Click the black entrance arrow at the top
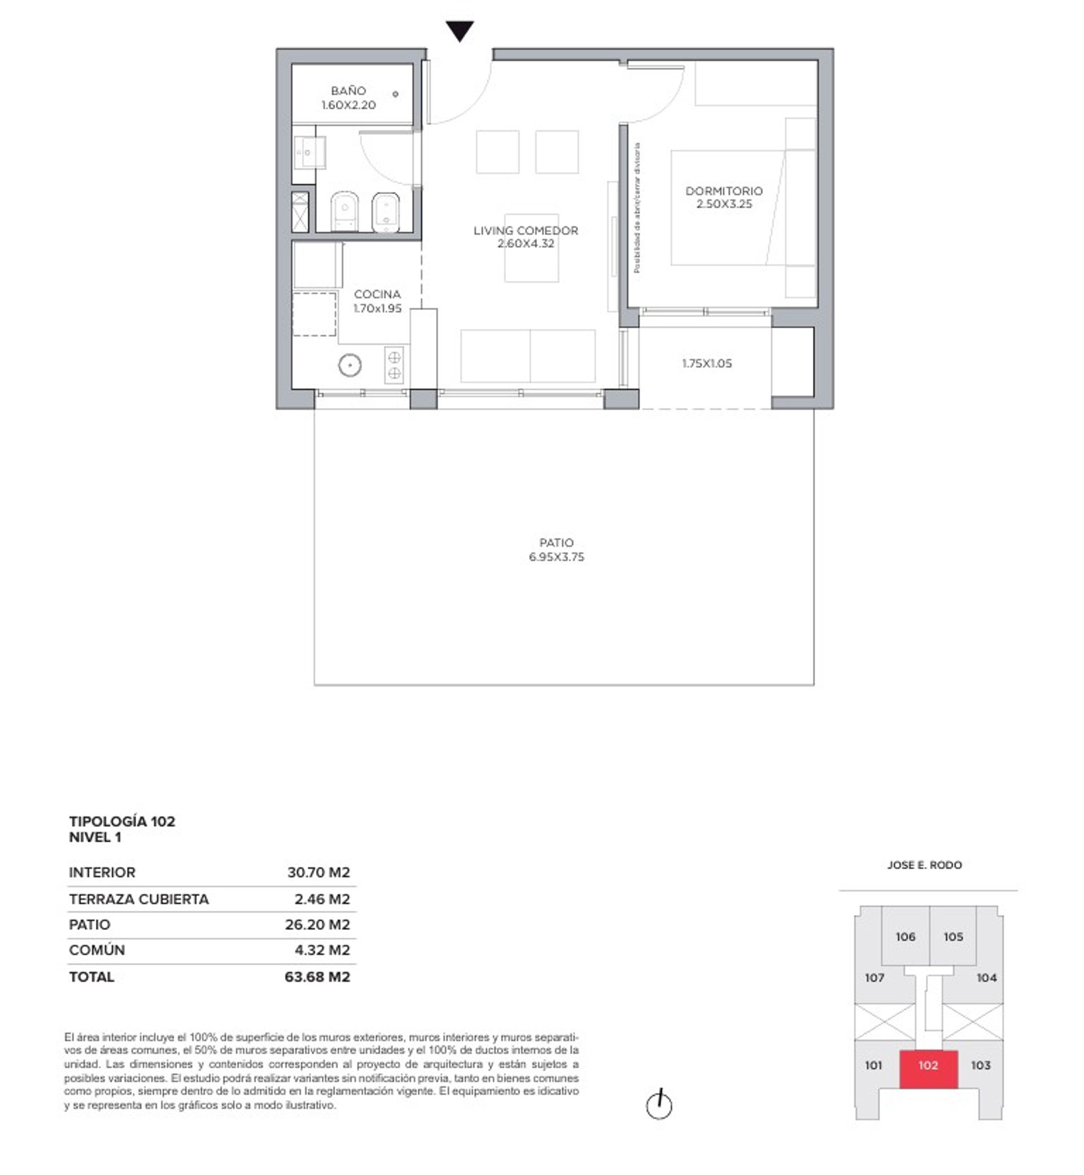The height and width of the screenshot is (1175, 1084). pyautogui.click(x=460, y=31)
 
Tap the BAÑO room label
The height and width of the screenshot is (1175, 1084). pyautogui.click(x=348, y=91)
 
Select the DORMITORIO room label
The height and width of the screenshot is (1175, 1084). pyautogui.click(x=724, y=191)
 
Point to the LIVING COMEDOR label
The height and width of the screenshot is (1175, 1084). pyautogui.click(x=526, y=230)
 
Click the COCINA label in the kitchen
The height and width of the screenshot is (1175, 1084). pyautogui.click(x=377, y=294)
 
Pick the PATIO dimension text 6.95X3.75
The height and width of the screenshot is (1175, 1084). pyautogui.click(x=557, y=557)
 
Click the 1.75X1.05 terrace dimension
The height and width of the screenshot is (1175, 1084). pyautogui.click(x=707, y=363)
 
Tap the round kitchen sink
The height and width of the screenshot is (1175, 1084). pyautogui.click(x=349, y=365)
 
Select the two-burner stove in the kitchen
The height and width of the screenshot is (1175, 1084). pyautogui.click(x=394, y=365)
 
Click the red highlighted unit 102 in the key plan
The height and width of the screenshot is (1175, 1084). pyautogui.click(x=929, y=1065)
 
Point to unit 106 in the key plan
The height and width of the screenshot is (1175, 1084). pyautogui.click(x=905, y=937)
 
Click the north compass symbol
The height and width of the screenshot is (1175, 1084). pyautogui.click(x=659, y=1104)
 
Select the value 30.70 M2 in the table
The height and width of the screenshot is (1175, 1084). pyautogui.click(x=318, y=872)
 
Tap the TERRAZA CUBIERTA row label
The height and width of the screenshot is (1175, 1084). pyautogui.click(x=138, y=899)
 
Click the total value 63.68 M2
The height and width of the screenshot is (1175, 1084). pyautogui.click(x=317, y=977)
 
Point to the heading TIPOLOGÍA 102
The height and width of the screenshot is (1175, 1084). pyautogui.click(x=122, y=821)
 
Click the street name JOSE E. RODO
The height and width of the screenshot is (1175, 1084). pyautogui.click(x=924, y=864)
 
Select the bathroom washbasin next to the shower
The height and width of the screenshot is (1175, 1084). pyautogui.click(x=309, y=153)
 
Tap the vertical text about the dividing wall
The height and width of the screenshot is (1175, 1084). pyautogui.click(x=637, y=208)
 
